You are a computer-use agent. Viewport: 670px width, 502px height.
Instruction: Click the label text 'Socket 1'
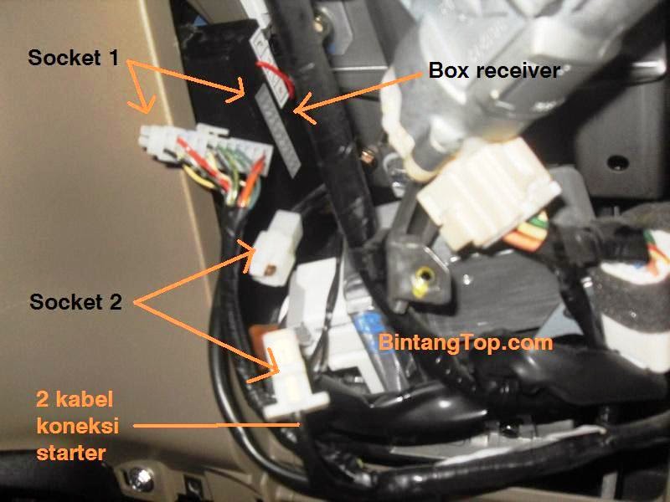tap(73, 58)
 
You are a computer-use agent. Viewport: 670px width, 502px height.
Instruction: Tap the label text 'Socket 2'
tap(75, 302)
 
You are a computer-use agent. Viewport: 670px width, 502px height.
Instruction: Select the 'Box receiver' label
tap(494, 70)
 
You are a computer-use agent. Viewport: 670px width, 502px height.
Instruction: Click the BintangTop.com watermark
tap(466, 342)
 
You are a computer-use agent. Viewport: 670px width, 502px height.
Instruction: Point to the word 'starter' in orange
tap(71, 453)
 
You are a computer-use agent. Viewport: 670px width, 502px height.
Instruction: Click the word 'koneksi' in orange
tap(77, 426)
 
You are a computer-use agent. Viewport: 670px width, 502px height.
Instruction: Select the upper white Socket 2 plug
tap(276, 248)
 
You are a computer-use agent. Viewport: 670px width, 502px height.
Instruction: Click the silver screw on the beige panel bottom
tap(141, 479)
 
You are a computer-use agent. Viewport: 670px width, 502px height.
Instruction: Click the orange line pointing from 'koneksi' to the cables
tap(216, 425)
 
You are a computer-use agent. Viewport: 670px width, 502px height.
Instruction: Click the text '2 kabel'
tap(75, 399)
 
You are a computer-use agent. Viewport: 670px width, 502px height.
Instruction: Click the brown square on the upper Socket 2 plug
tap(270, 269)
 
